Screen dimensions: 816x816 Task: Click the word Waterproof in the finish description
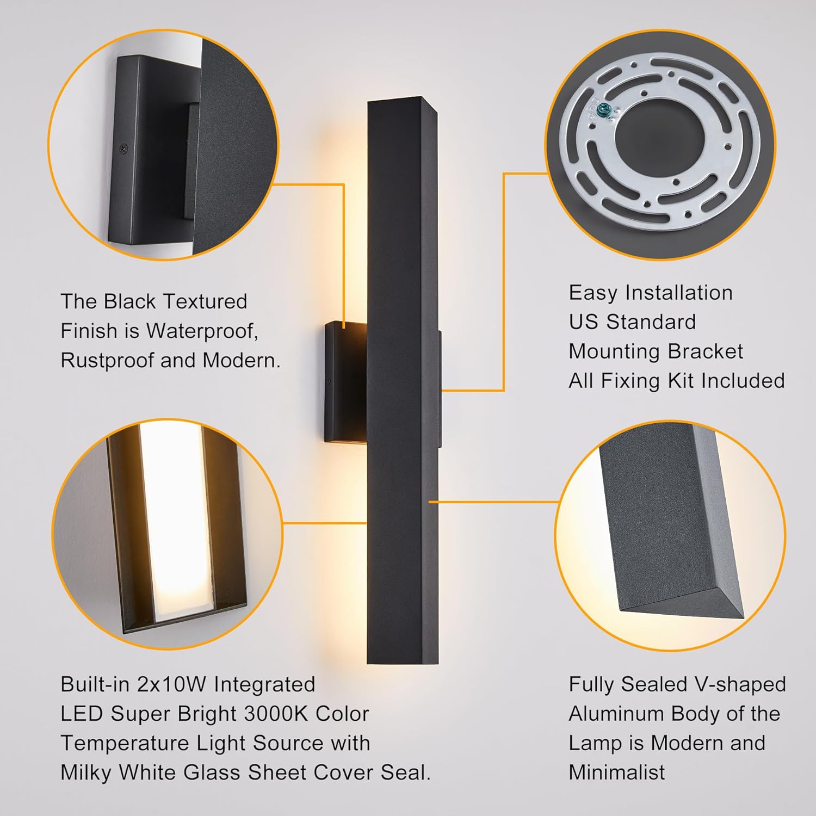pos(202,331)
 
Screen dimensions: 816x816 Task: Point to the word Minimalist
pos(617,772)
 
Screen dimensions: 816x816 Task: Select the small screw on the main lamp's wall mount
pos(329,381)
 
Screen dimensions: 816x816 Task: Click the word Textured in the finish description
pos(206,301)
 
